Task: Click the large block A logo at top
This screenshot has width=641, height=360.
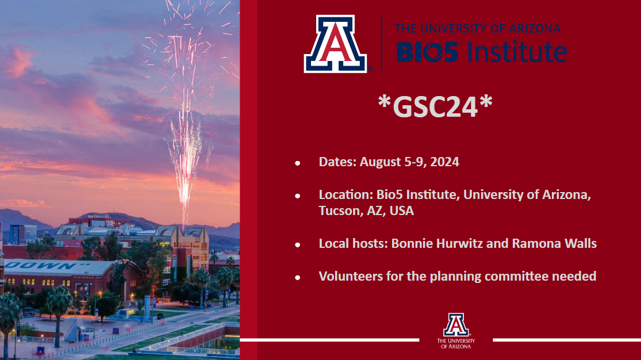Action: click(x=335, y=44)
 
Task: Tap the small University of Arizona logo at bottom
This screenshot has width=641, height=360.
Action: click(x=456, y=331)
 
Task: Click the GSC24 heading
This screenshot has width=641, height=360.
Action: click(x=435, y=106)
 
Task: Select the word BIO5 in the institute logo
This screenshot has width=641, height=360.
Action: click(x=428, y=52)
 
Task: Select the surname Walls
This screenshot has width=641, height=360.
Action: click(x=581, y=243)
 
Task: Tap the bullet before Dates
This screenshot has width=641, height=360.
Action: click(x=298, y=163)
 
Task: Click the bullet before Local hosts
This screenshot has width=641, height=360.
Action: click(x=298, y=244)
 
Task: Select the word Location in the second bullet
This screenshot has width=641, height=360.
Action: click(x=346, y=194)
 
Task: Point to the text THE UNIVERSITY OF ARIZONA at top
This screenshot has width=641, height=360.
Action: click(x=478, y=28)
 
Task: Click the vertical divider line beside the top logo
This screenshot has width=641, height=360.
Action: click(x=381, y=44)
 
